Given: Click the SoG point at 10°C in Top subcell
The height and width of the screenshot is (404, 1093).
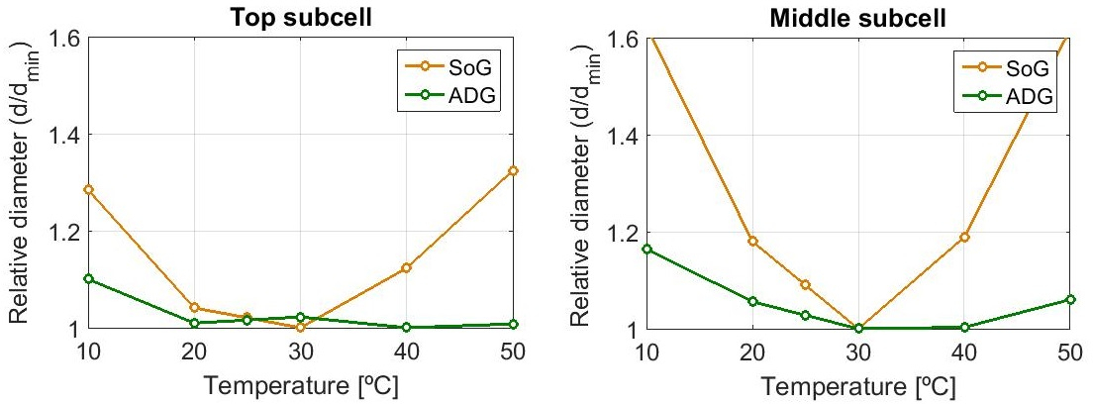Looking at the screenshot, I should click(89, 189).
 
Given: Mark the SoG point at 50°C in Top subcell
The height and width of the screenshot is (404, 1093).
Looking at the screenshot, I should click(513, 170).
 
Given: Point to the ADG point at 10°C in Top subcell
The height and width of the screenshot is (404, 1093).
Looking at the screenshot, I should click(89, 278).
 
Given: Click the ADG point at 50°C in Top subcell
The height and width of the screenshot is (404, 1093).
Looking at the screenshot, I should click(513, 324).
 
